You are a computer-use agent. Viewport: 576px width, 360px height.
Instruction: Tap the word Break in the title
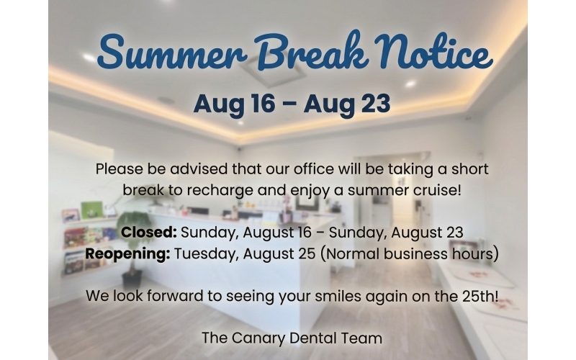(312, 51)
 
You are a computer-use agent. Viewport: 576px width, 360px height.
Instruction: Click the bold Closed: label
(149, 232)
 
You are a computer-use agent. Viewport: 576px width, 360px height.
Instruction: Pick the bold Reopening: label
(127, 253)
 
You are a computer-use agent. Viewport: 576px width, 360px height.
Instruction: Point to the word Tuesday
(205, 254)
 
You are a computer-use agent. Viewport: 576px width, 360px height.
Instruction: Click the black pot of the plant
(132, 279)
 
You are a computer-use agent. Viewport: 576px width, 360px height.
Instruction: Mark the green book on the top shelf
(92, 210)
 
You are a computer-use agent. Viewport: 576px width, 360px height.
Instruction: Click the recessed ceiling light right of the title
(410, 84)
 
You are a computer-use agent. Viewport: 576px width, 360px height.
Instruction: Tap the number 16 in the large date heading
(262, 104)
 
